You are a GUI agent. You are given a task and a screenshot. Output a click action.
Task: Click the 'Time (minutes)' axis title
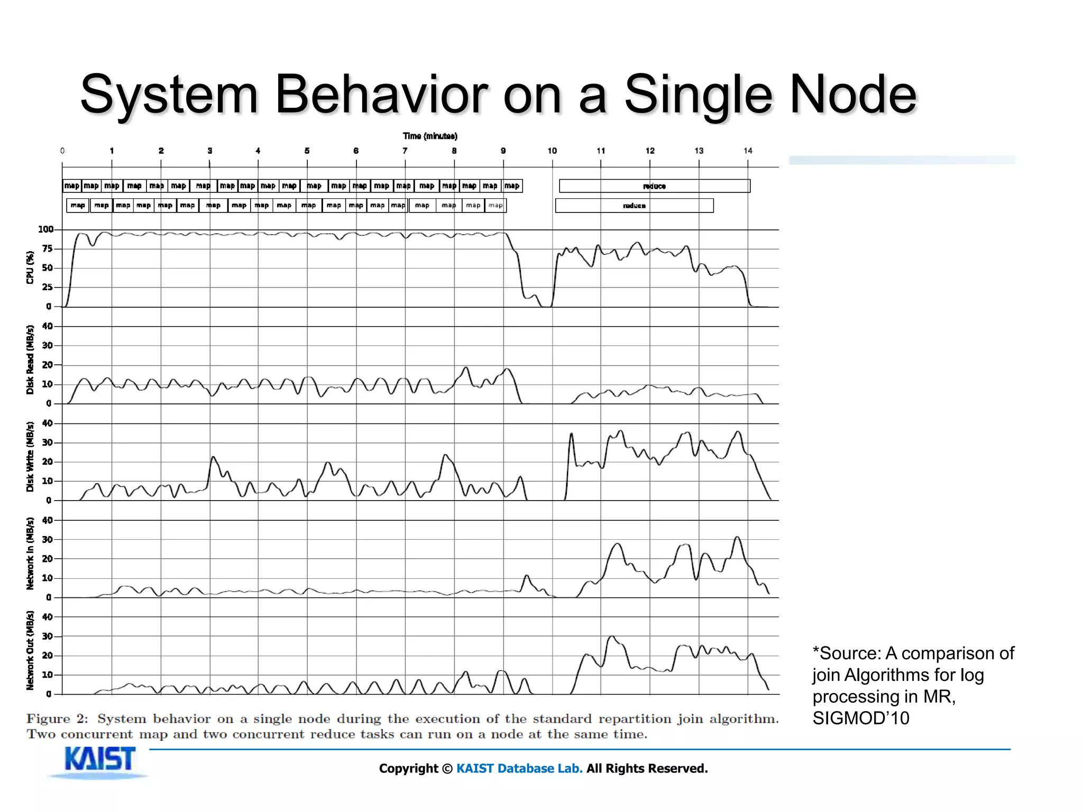tap(429, 136)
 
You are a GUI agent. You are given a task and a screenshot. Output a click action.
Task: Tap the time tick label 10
tap(552, 151)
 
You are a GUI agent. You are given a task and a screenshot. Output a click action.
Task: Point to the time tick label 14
tap(747, 151)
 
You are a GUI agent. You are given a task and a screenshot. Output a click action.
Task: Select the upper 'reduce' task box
tap(654, 186)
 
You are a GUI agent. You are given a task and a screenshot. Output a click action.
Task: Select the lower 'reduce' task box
tap(634, 206)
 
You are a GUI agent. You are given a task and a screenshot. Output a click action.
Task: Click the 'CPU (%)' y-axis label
tap(30, 267)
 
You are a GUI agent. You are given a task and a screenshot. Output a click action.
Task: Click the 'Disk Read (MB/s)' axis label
tap(30, 359)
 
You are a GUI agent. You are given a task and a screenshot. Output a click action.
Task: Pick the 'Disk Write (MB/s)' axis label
tap(30, 457)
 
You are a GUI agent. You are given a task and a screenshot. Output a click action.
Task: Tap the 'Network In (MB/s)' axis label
tap(30, 553)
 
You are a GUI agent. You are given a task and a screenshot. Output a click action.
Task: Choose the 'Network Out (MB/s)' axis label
tap(30, 651)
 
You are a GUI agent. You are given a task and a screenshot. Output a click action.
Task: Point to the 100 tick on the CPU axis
tap(45, 229)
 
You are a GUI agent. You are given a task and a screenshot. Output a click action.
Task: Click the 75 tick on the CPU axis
tap(48, 248)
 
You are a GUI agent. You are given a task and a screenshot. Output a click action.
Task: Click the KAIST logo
tap(99, 761)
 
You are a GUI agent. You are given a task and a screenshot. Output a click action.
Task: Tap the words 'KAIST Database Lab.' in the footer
tap(519, 768)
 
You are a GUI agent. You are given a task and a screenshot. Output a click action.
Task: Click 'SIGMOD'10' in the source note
tap(860, 718)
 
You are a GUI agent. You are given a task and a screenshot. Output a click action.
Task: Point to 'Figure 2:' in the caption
tap(57, 719)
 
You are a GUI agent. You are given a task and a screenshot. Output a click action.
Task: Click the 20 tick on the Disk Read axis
tap(48, 365)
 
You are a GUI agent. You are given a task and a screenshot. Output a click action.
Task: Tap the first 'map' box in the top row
tap(71, 186)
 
